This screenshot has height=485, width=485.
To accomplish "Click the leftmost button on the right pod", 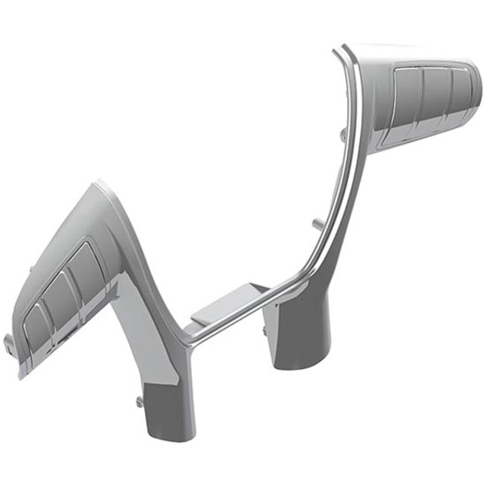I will click(407, 95).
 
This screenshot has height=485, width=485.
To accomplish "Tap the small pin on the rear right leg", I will click(265, 330).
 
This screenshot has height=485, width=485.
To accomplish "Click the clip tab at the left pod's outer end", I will click(9, 339).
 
